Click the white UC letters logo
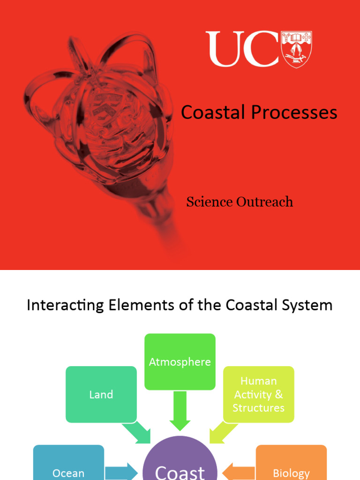(x=242, y=49)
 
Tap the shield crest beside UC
(x=296, y=49)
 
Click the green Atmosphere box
(x=180, y=362)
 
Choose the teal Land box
(x=101, y=394)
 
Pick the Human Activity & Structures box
(x=259, y=394)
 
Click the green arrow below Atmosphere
(x=180, y=411)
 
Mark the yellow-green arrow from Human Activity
(x=223, y=432)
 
